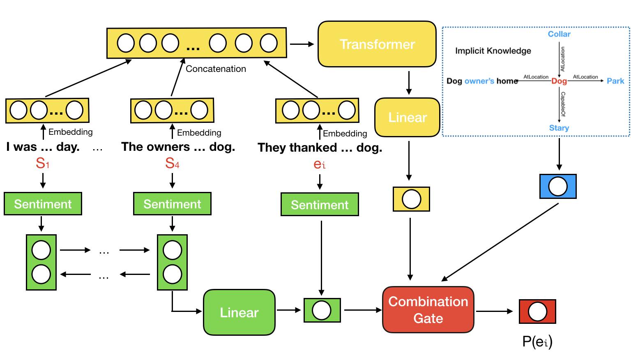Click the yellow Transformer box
[377, 44]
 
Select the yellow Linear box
[408, 118]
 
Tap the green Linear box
[239, 312]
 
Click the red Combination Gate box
[428, 310]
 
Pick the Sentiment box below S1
[43, 204]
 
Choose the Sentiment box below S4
[172, 204]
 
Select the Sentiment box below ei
[320, 205]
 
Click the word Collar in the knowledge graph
[559, 34]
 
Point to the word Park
[615, 81]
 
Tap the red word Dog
[559, 81]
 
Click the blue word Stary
[559, 128]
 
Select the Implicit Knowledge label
[493, 51]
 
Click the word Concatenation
[216, 69]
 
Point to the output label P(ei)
[537, 342]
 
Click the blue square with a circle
[558, 186]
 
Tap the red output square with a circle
[537, 312]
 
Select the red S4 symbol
[172, 163]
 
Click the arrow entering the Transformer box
[302, 44]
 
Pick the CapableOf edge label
[563, 104]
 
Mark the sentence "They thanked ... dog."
[320, 148]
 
